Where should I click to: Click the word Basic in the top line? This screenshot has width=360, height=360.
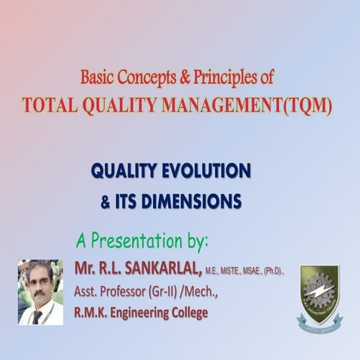[x=98, y=76]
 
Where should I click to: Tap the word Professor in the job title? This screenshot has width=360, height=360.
[x=121, y=291]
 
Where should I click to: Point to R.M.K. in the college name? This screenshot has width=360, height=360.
[x=92, y=312]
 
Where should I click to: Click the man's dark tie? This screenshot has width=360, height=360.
[x=37, y=316]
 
